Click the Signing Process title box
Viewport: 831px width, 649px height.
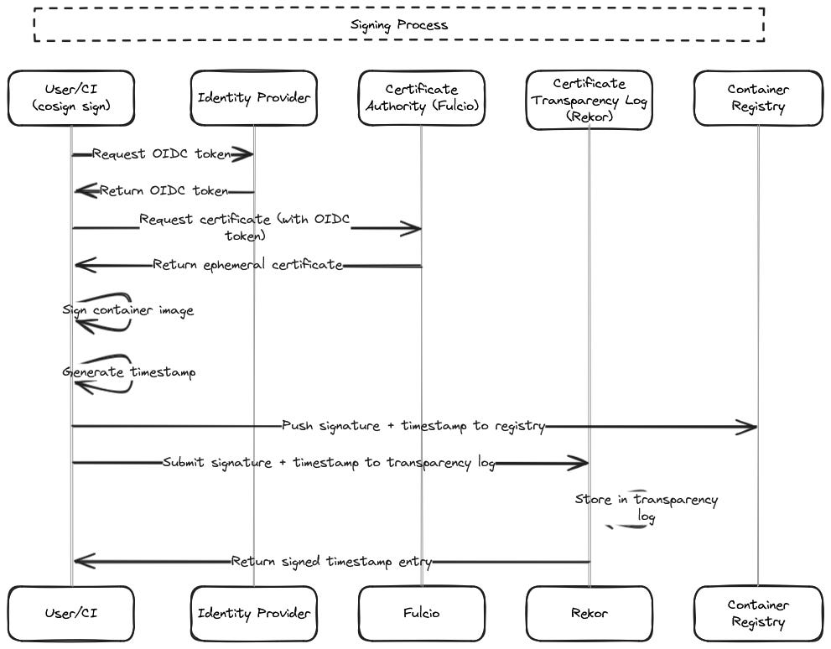tap(398, 25)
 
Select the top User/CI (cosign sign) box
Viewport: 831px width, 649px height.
tap(70, 98)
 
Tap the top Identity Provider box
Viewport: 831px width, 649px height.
tap(253, 98)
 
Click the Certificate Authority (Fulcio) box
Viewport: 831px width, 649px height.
tap(421, 98)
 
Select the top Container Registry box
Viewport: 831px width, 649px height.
tap(757, 98)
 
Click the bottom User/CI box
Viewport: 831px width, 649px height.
tap(70, 614)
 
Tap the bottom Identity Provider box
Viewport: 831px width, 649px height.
tap(253, 614)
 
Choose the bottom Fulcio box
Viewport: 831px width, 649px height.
tap(421, 614)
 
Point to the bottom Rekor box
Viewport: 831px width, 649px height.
tap(589, 614)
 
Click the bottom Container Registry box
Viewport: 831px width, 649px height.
tap(757, 614)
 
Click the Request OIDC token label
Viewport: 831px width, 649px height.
tap(161, 154)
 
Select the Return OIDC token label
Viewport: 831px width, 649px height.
tap(164, 191)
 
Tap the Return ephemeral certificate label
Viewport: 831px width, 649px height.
tap(247, 265)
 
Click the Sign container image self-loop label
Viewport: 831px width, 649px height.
tap(128, 310)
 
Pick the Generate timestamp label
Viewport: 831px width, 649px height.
tap(129, 372)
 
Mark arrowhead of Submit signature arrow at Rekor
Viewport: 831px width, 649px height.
tap(582, 463)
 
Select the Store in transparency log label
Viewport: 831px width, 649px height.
tap(646, 508)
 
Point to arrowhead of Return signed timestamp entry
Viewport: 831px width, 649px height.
tap(81, 561)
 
